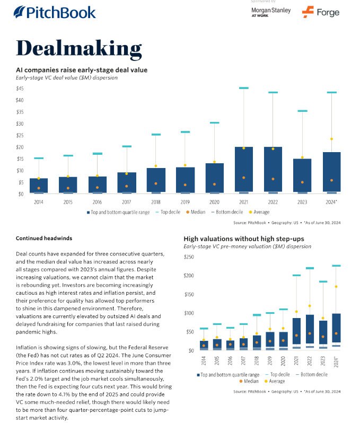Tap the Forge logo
click(x=321, y=12)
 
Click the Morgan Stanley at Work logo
click(x=270, y=13)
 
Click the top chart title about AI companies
click(x=82, y=69)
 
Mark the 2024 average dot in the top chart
click(x=331, y=139)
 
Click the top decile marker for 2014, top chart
click(x=39, y=158)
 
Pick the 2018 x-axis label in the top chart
click(x=155, y=202)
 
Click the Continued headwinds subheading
click(x=44, y=238)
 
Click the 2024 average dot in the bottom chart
click(x=336, y=287)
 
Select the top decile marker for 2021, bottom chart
click(x=297, y=275)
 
